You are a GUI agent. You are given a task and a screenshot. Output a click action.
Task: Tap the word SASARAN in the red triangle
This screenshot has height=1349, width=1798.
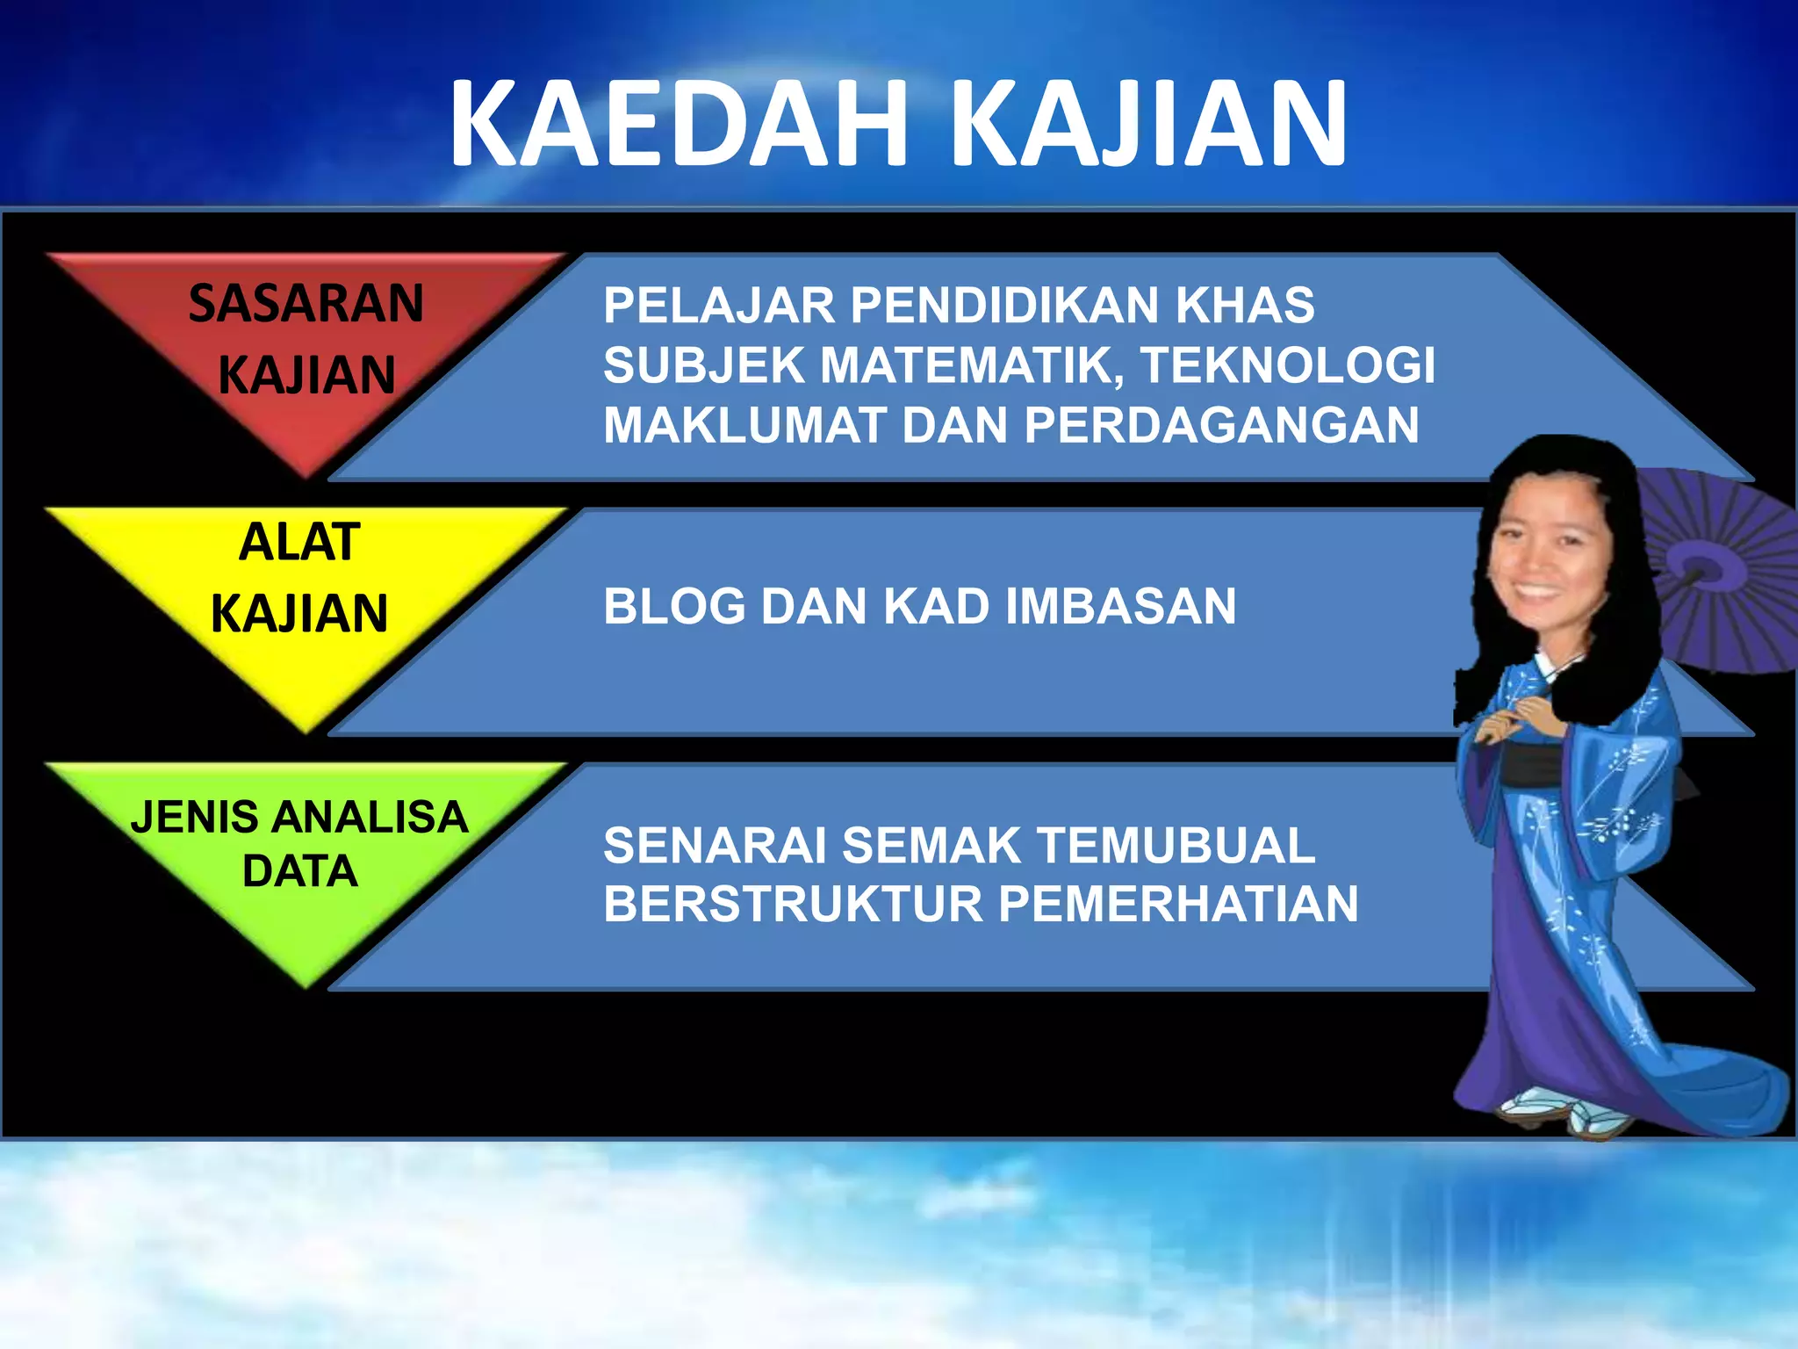pyautogui.click(x=306, y=304)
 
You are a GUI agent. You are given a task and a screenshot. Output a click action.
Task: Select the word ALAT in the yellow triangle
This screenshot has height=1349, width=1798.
pyautogui.click(x=299, y=542)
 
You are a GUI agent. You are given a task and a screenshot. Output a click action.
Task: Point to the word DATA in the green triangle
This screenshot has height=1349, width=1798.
pyautogui.click(x=299, y=871)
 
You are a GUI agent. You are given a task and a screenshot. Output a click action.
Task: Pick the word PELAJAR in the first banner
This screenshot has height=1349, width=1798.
pyautogui.click(x=718, y=306)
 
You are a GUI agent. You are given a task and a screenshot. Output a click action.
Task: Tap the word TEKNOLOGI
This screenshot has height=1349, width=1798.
pyautogui.click(x=1288, y=365)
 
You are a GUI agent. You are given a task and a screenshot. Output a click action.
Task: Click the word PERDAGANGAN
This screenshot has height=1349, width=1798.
pyautogui.click(x=1221, y=425)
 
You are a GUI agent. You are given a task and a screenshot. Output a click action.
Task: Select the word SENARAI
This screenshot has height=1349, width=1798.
pyautogui.click(x=715, y=845)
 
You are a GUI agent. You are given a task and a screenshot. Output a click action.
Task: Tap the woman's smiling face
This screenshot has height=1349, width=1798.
pyautogui.click(x=1550, y=562)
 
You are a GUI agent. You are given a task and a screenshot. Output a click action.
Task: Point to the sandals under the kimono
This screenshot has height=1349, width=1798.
pyautogui.click(x=1571, y=1113)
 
